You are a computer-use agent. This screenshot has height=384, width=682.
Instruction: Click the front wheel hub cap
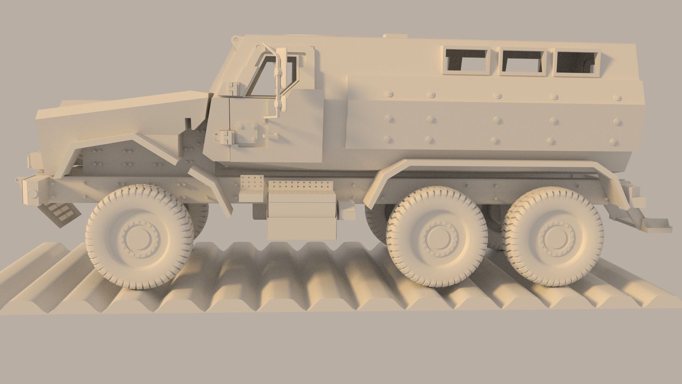(139, 236)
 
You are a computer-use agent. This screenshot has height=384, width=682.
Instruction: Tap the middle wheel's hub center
(437, 237)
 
